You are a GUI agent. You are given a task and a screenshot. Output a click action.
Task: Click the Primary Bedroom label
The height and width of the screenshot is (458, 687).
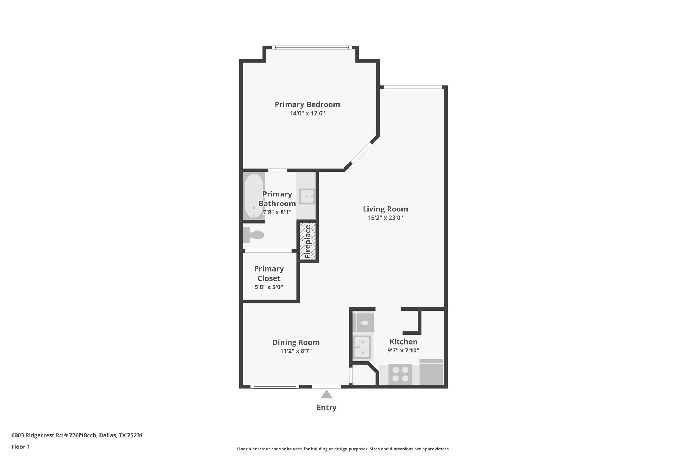pos(307,104)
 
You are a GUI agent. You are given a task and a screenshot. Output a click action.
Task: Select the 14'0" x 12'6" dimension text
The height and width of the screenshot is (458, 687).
pos(307,113)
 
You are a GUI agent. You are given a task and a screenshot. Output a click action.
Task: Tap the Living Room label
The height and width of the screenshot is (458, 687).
pos(385,209)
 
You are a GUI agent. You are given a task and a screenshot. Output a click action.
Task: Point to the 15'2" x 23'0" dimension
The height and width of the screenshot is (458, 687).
pos(385,218)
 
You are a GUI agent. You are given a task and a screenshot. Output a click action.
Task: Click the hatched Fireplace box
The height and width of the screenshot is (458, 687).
pos(308,242)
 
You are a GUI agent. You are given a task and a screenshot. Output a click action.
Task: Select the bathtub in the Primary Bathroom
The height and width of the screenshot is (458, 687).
pos(254,196)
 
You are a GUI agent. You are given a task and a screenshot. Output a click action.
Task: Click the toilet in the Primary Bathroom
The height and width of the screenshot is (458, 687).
pos(254,235)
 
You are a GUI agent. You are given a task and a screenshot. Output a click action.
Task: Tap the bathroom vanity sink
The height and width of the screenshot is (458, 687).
pos(307,196)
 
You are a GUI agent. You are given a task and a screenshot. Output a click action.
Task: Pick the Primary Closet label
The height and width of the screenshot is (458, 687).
pos(269,273)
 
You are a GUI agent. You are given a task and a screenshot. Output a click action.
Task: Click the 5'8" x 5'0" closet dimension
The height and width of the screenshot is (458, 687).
pos(269,287)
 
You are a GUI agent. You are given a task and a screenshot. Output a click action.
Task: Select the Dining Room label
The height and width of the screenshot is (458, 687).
pos(296,342)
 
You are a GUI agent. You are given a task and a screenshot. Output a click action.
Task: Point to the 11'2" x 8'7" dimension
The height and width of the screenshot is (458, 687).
pos(296,351)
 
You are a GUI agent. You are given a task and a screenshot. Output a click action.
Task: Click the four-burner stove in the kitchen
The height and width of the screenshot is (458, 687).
pos(400,374)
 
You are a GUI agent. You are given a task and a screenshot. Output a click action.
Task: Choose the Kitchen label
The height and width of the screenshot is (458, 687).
pos(403,341)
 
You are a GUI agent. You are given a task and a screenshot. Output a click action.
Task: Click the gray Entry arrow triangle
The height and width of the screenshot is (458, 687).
pos(326,395)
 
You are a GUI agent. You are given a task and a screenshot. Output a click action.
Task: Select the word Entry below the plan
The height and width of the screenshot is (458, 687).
pos(326,407)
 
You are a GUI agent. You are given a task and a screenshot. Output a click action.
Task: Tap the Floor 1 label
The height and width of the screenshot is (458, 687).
pos(20,447)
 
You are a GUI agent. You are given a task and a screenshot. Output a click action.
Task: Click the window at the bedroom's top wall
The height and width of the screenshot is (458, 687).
pos(310,47)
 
